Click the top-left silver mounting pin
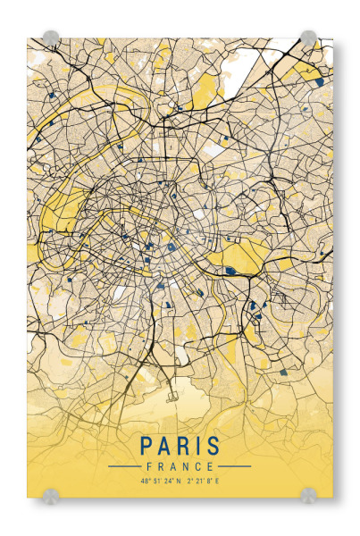[x=51, y=38]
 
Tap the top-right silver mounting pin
[x=308, y=38]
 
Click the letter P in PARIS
[x=144, y=446]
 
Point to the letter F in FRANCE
[x=146, y=466]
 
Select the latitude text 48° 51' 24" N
[x=160, y=482]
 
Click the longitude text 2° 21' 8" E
[x=203, y=482]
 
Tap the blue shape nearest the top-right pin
[x=319, y=81]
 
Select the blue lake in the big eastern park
[x=231, y=269]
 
